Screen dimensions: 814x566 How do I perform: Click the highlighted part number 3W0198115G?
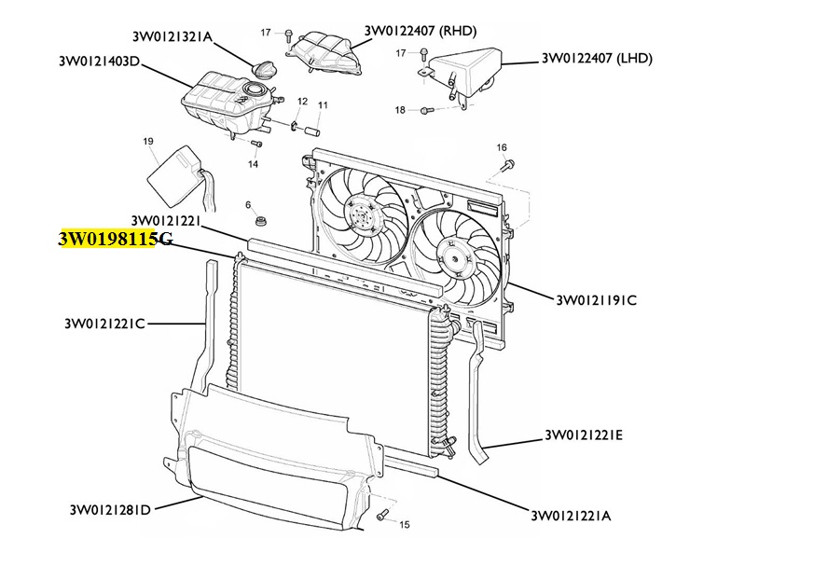click(116, 239)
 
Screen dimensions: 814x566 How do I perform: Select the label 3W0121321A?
click(172, 36)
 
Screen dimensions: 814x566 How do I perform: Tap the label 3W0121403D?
click(99, 62)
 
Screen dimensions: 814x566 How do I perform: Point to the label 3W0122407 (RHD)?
click(420, 31)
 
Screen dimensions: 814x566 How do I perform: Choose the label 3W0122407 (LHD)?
click(597, 58)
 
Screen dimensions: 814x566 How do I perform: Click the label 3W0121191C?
click(597, 300)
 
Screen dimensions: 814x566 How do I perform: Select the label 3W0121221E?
click(584, 435)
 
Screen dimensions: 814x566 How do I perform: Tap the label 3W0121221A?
click(571, 516)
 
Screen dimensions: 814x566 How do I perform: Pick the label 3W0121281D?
click(110, 509)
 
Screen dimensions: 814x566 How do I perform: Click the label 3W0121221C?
click(104, 324)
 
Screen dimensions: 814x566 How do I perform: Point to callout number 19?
click(148, 141)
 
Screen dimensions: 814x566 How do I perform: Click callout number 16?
click(502, 147)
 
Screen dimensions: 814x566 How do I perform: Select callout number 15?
click(405, 524)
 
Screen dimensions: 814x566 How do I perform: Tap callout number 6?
click(248, 205)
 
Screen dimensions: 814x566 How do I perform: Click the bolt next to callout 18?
click(427, 110)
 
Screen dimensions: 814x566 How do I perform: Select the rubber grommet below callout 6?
click(260, 222)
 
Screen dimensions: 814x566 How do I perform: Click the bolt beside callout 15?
click(381, 516)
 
